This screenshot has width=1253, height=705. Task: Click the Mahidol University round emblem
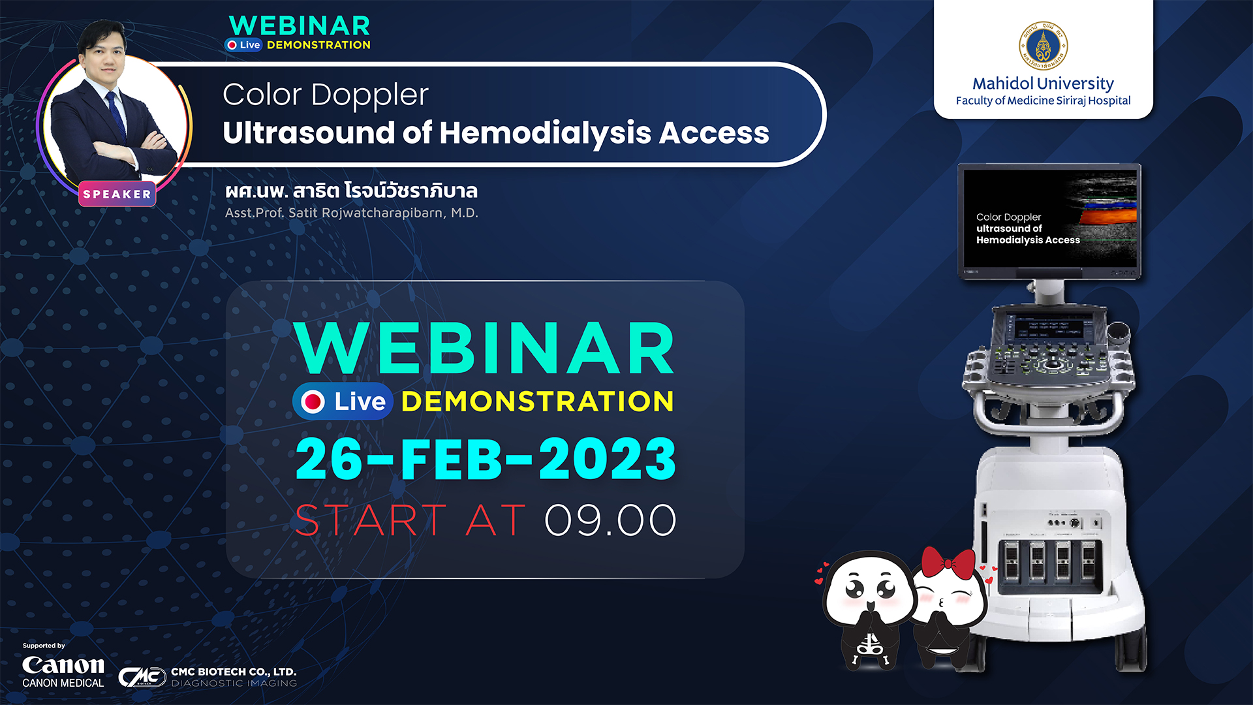click(1043, 46)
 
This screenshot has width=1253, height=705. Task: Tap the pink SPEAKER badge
click(117, 194)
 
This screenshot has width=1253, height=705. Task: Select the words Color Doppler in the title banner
click(326, 95)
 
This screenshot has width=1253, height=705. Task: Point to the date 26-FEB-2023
click(486, 459)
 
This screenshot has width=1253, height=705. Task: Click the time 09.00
click(610, 520)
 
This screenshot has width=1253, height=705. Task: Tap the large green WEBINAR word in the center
click(484, 348)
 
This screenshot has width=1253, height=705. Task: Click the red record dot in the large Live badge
click(313, 401)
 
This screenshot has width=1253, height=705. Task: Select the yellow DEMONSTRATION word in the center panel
click(537, 401)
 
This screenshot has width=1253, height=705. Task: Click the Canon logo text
click(63, 665)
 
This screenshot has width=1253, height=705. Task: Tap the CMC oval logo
click(142, 677)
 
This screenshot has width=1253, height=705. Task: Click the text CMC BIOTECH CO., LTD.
click(234, 672)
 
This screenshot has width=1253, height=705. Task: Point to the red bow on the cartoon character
click(948, 562)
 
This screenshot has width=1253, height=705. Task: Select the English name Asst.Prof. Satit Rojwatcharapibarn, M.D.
click(352, 213)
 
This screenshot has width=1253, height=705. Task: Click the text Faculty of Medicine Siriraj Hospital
click(1043, 101)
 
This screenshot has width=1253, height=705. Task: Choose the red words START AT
click(410, 520)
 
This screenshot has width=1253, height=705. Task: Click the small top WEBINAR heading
click(300, 26)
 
